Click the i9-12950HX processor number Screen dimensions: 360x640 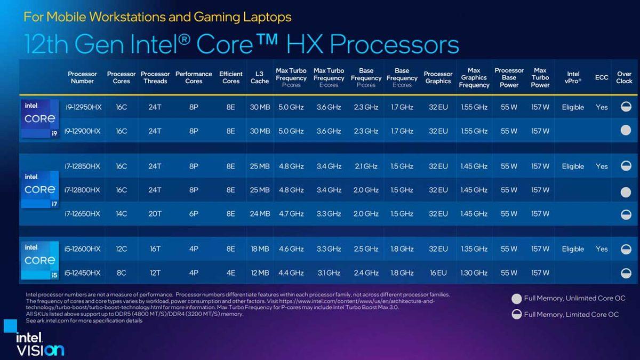[82, 107]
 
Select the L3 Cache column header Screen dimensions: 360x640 [260, 77]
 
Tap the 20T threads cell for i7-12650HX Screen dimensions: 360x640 [155, 214]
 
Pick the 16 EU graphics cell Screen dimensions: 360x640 [438, 273]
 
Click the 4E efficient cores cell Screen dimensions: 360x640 [230, 273]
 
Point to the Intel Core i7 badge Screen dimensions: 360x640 [39, 189]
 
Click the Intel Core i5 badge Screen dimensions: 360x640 [39, 260]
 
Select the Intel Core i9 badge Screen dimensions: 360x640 [39, 118]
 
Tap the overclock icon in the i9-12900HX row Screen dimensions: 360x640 [625, 131]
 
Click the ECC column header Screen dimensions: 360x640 [602, 77]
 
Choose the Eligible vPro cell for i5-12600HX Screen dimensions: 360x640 [573, 249]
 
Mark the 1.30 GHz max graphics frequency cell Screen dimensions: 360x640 [474, 273]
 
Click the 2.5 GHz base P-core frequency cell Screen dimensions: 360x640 [366, 249]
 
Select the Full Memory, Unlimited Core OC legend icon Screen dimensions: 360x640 [516, 299]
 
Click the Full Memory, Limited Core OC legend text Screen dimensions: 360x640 [571, 315]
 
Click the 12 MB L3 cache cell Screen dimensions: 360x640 [260, 273]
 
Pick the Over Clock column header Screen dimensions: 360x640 [625, 77]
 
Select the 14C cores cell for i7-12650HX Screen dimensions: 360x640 [121, 214]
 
